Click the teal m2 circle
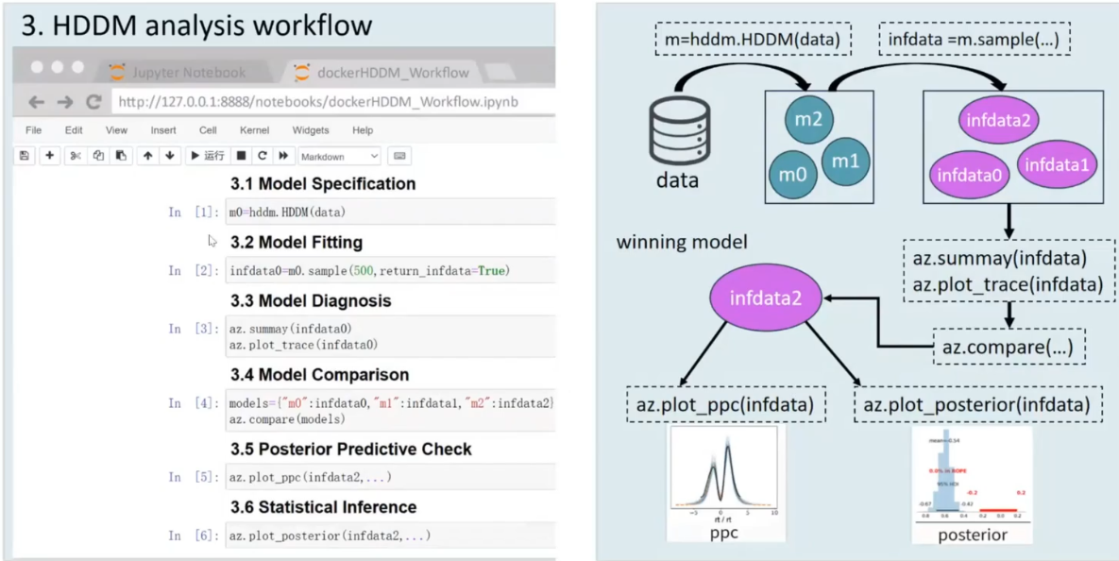point(806,120)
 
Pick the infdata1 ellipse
point(1057,164)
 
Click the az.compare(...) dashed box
point(1009,346)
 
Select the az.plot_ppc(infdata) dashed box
point(726,405)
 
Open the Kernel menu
point(254,130)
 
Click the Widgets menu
point(311,130)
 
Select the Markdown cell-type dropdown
point(339,156)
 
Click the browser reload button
point(93,102)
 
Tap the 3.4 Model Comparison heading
point(319,375)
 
